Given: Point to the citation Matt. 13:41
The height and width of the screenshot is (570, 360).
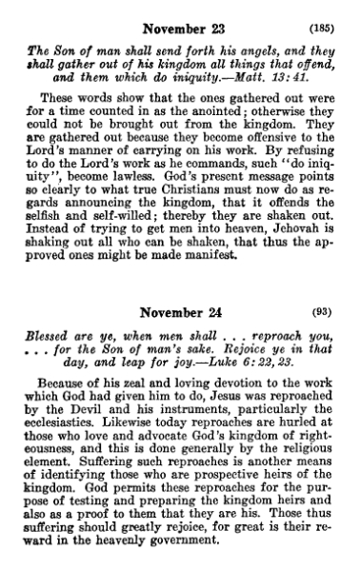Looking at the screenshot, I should [266, 66].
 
